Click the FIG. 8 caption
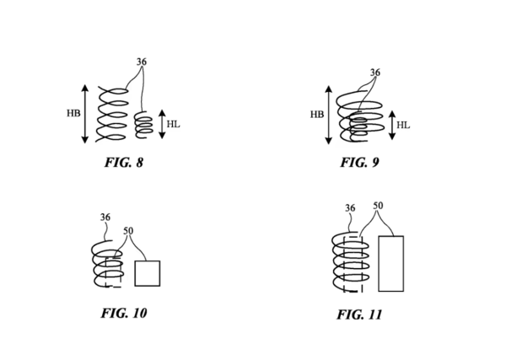pos(123,163)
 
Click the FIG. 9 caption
pos(359,163)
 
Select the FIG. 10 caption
pos(123,314)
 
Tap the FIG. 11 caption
pos(359,315)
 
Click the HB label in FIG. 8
pos(73,113)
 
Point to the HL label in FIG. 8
pos(173,124)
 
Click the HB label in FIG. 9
pos(316,114)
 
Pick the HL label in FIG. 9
pos(403,126)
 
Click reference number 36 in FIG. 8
pos(142,62)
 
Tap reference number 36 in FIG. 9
pos(374,73)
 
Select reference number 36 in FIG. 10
pos(105,218)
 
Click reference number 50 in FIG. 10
pos(128,231)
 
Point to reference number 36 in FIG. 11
pos(350,208)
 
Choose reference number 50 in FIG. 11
pos(377,206)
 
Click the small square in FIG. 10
pos(147,274)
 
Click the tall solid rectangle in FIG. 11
pos(390,264)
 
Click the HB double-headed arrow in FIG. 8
pos(85,113)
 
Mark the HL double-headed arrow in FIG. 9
pos(391,125)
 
